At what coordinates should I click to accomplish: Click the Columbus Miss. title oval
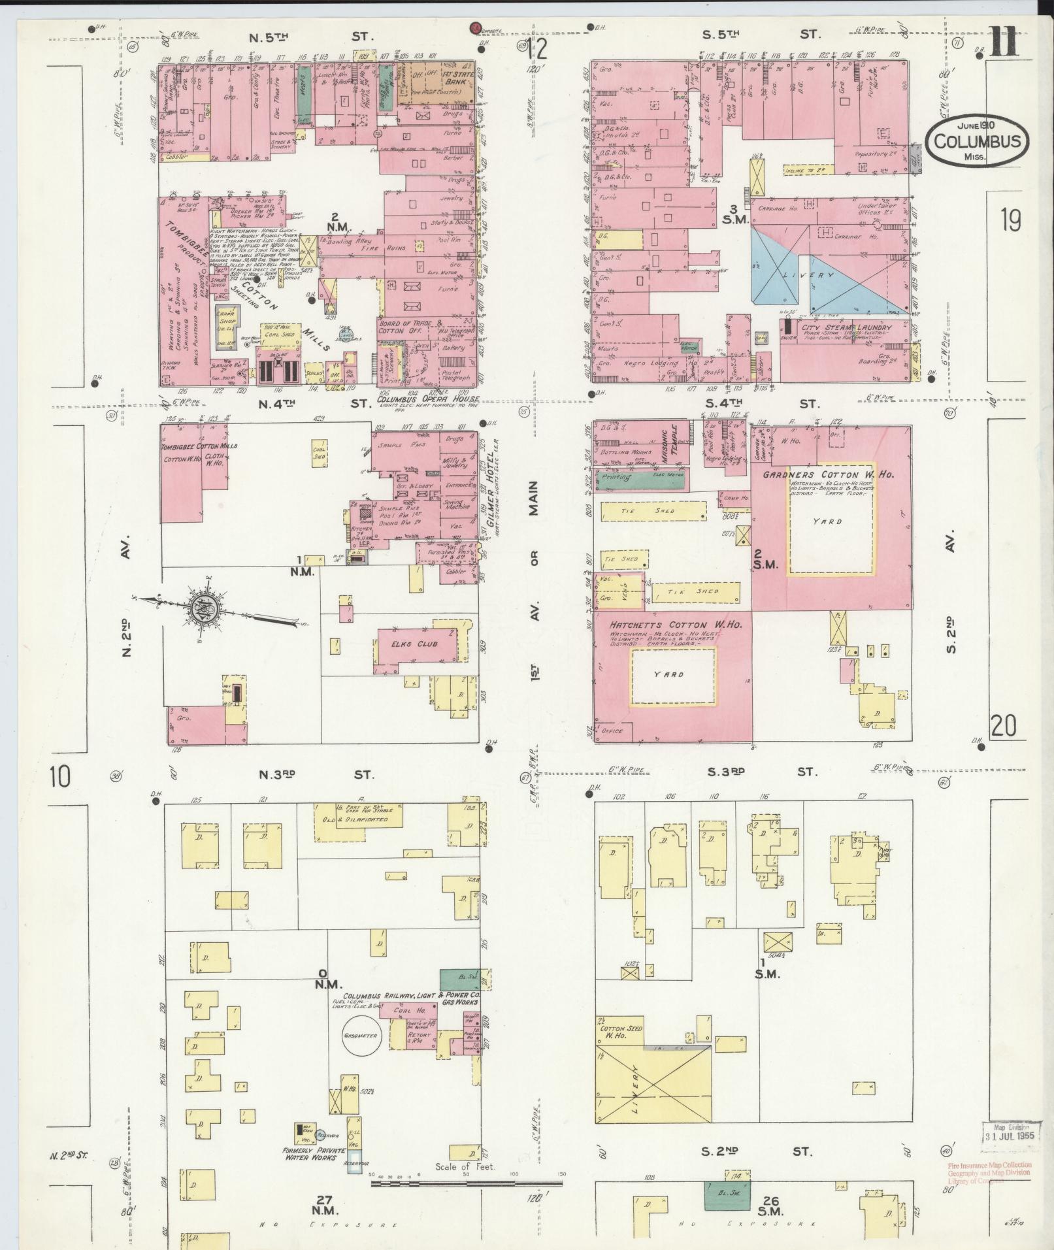pyautogui.click(x=977, y=140)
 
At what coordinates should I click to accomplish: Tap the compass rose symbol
pyautogui.click(x=201, y=610)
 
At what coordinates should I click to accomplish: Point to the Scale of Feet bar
pyautogui.click(x=467, y=1181)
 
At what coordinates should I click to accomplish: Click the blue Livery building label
pyautogui.click(x=808, y=275)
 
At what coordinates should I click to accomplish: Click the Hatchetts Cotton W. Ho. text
pyautogui.click(x=674, y=625)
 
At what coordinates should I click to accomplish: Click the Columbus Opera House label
pyautogui.click(x=428, y=399)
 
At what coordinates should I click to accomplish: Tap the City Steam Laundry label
pyautogui.click(x=846, y=327)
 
